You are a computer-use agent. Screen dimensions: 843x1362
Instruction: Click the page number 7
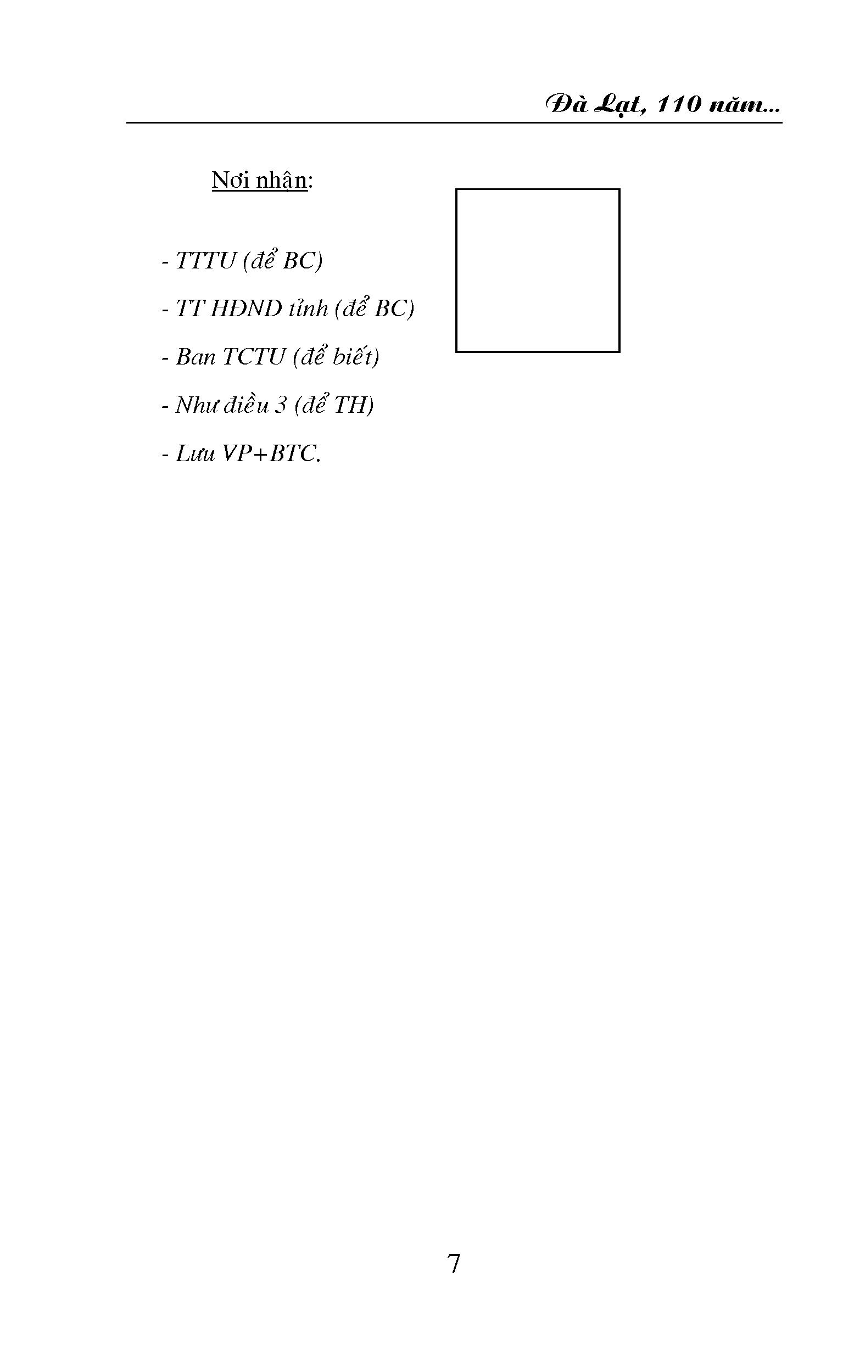pyautogui.click(x=454, y=1263)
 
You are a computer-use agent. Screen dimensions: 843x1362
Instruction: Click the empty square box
pyautogui.click(x=456, y=270)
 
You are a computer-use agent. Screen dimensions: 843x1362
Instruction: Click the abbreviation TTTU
pyautogui.click(x=206, y=261)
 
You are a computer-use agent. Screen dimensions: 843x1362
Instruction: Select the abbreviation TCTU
pyautogui.click(x=254, y=357)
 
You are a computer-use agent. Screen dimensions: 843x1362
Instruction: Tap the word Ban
pyautogui.click(x=196, y=357)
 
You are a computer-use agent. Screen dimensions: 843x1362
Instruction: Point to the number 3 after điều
pyautogui.click(x=281, y=405)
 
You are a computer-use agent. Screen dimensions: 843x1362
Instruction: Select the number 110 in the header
pyautogui.click(x=678, y=105)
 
